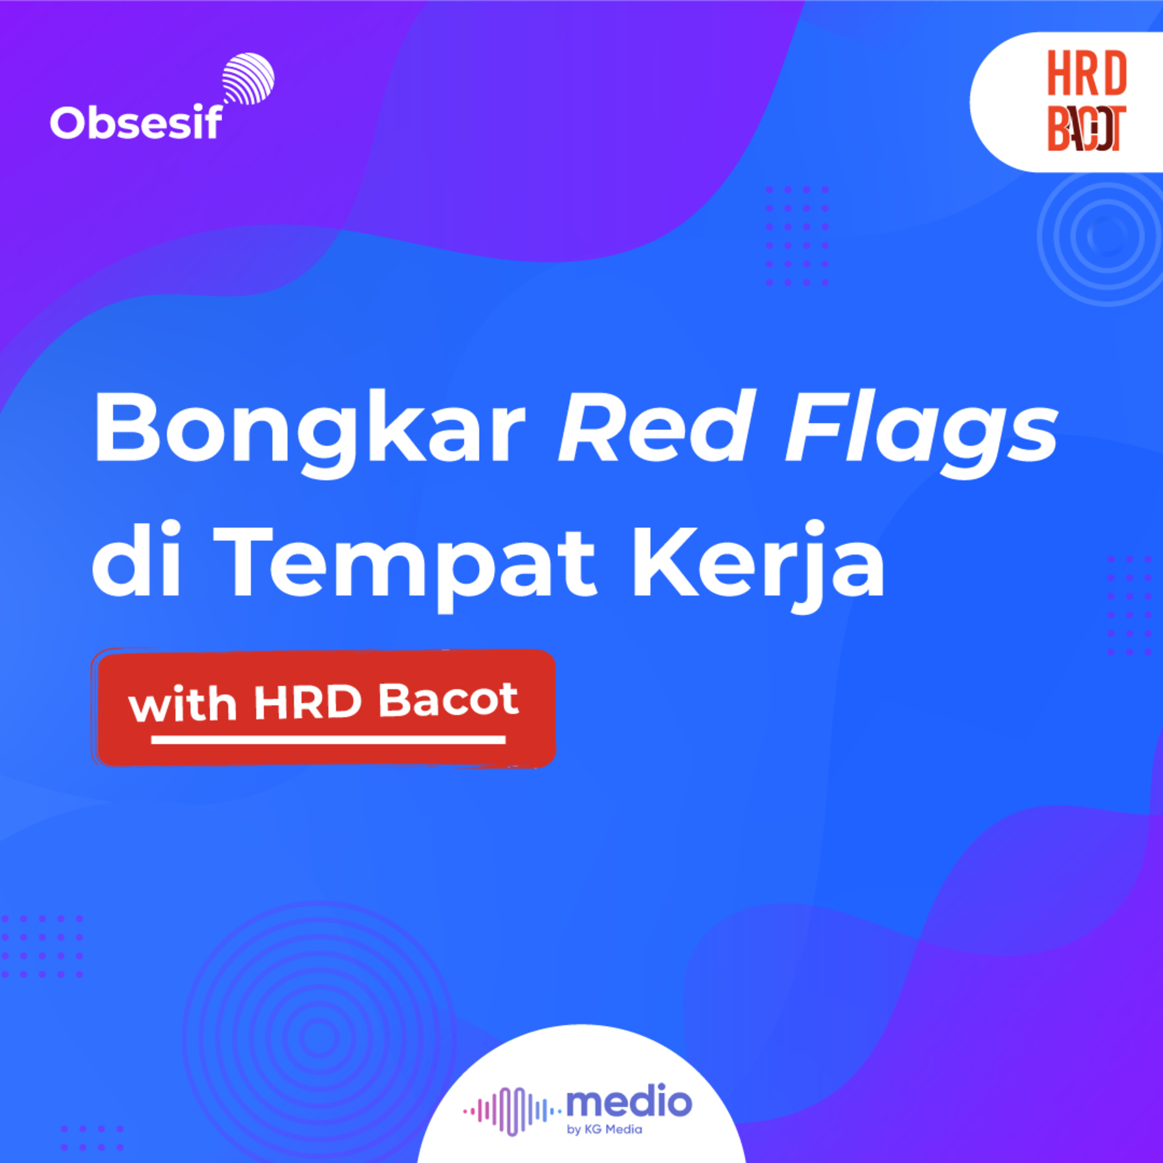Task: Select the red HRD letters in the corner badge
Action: [1087, 73]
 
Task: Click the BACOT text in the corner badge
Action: [1087, 128]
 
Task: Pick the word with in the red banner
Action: [182, 702]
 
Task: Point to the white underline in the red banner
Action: [328, 740]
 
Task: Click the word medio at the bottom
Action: [629, 1102]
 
